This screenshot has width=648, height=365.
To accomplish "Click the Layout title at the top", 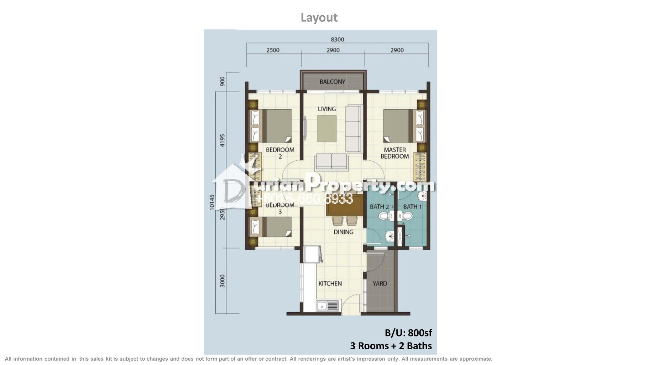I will click(319, 17).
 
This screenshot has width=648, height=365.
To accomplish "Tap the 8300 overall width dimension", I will click(337, 40).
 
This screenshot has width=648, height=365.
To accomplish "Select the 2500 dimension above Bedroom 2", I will click(273, 50).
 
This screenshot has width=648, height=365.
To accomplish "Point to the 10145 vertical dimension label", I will click(212, 202).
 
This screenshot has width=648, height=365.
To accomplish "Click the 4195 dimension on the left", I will click(223, 140).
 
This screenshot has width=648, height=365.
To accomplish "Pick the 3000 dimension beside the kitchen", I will click(223, 281).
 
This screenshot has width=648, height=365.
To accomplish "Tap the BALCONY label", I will click(332, 82).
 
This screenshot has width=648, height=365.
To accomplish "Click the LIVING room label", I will click(326, 109).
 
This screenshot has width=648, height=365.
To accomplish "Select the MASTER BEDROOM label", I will click(394, 153).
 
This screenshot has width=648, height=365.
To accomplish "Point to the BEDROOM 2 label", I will click(280, 153).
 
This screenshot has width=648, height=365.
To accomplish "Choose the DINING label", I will click(343, 232).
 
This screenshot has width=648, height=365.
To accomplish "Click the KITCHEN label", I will click(330, 283).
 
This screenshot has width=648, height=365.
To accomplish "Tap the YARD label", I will click(380, 283).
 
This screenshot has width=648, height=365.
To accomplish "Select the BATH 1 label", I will click(412, 207).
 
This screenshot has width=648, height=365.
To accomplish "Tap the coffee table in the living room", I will click(327, 129).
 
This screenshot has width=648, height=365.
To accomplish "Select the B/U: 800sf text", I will click(408, 333).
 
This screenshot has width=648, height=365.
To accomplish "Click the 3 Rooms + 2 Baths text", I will click(391, 346).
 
